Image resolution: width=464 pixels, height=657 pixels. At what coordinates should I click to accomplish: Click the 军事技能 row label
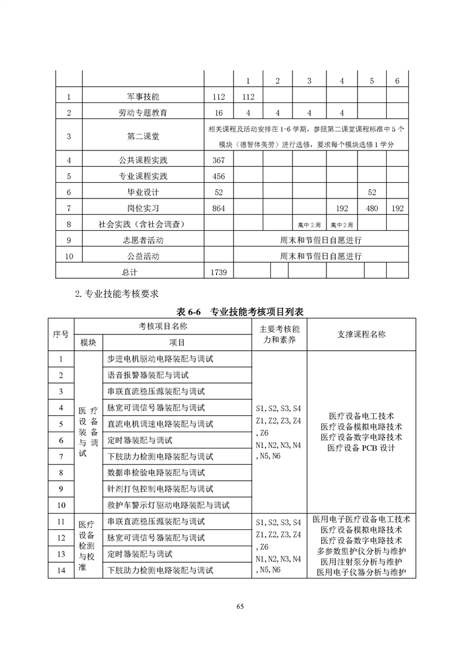(143, 96)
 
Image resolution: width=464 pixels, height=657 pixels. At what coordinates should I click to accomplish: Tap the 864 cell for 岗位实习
(218, 208)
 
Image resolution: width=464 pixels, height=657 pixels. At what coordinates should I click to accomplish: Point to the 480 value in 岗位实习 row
(372, 208)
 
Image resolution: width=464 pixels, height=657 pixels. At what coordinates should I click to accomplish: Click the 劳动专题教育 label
(143, 112)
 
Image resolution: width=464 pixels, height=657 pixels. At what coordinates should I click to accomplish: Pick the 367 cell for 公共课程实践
(218, 160)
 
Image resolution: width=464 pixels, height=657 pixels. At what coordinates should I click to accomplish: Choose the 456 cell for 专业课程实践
(218, 176)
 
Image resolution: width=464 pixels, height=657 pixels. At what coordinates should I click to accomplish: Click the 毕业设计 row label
(143, 192)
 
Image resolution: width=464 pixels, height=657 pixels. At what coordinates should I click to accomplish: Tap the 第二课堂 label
(143, 136)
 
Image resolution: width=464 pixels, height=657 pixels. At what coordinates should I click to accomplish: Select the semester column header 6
(397, 81)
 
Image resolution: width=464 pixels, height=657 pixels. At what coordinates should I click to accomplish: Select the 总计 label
(129, 272)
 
